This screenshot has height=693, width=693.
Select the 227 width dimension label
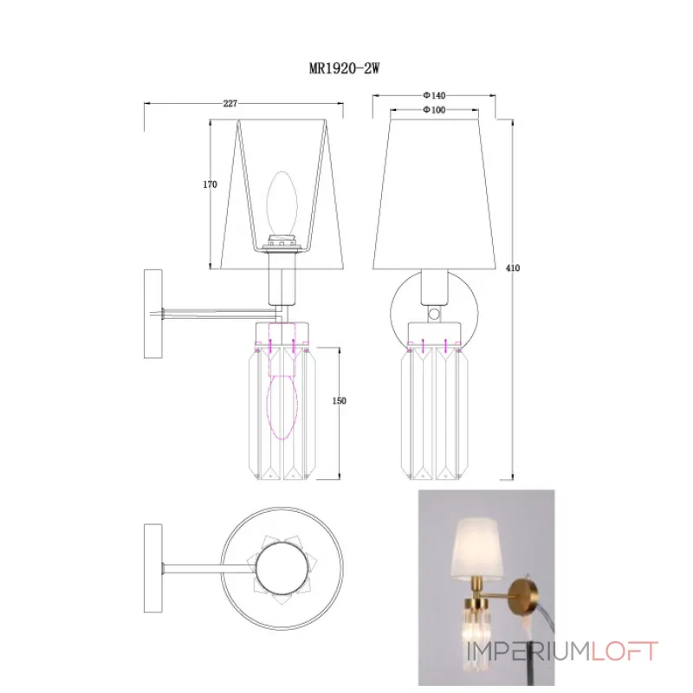tap(230, 103)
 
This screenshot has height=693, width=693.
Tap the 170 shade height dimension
tap(209, 185)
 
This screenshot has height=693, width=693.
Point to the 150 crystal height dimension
tap(340, 400)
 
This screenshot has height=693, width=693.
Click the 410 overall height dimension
tap(514, 270)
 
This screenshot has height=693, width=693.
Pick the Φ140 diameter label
tap(433, 94)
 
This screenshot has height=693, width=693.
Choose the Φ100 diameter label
tap(433, 110)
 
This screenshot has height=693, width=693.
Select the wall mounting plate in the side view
tap(153, 314)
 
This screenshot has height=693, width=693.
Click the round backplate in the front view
tap(433, 312)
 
